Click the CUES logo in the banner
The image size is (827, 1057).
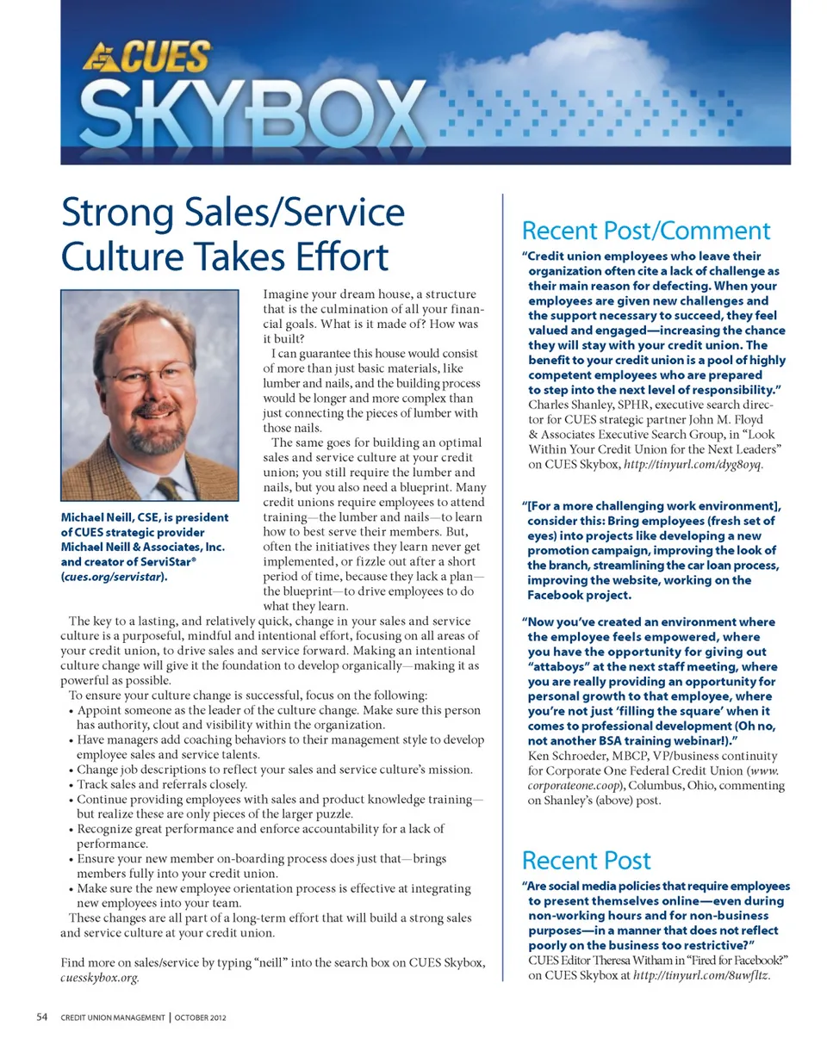tap(147, 58)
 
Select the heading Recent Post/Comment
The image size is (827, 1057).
tap(646, 230)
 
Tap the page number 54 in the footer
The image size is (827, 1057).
tap(42, 1017)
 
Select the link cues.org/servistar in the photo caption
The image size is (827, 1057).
tap(112, 577)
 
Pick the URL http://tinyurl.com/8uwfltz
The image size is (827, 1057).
tap(700, 976)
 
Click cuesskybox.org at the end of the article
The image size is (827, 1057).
tap(99, 979)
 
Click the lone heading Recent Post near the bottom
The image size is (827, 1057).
tap(586, 860)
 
